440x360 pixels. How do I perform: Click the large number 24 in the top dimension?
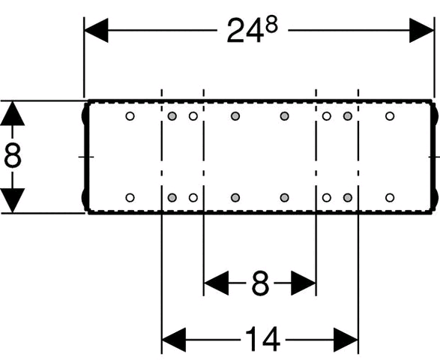245,31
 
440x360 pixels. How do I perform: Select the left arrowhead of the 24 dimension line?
96,30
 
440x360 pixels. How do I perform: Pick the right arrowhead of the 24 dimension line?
421,30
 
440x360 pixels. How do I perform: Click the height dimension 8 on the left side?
13,157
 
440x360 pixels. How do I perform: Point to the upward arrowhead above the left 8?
12,113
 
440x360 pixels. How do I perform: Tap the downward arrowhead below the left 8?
12,200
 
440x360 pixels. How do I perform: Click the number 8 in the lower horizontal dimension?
260,283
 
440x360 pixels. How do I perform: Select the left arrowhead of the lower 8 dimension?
216,283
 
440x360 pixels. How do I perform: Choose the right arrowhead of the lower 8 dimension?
304,283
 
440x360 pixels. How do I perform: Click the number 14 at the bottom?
262,340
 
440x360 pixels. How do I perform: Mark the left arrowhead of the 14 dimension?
174,340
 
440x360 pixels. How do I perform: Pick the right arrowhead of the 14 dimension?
346,340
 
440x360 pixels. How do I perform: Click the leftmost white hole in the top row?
130,116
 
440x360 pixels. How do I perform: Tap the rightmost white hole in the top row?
390,116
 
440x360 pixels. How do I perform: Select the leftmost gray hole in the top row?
172,116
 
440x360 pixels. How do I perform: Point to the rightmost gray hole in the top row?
348,116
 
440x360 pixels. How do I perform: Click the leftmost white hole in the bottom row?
130,198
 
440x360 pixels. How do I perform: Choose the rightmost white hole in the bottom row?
390,198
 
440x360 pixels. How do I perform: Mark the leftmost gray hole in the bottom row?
172,198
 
